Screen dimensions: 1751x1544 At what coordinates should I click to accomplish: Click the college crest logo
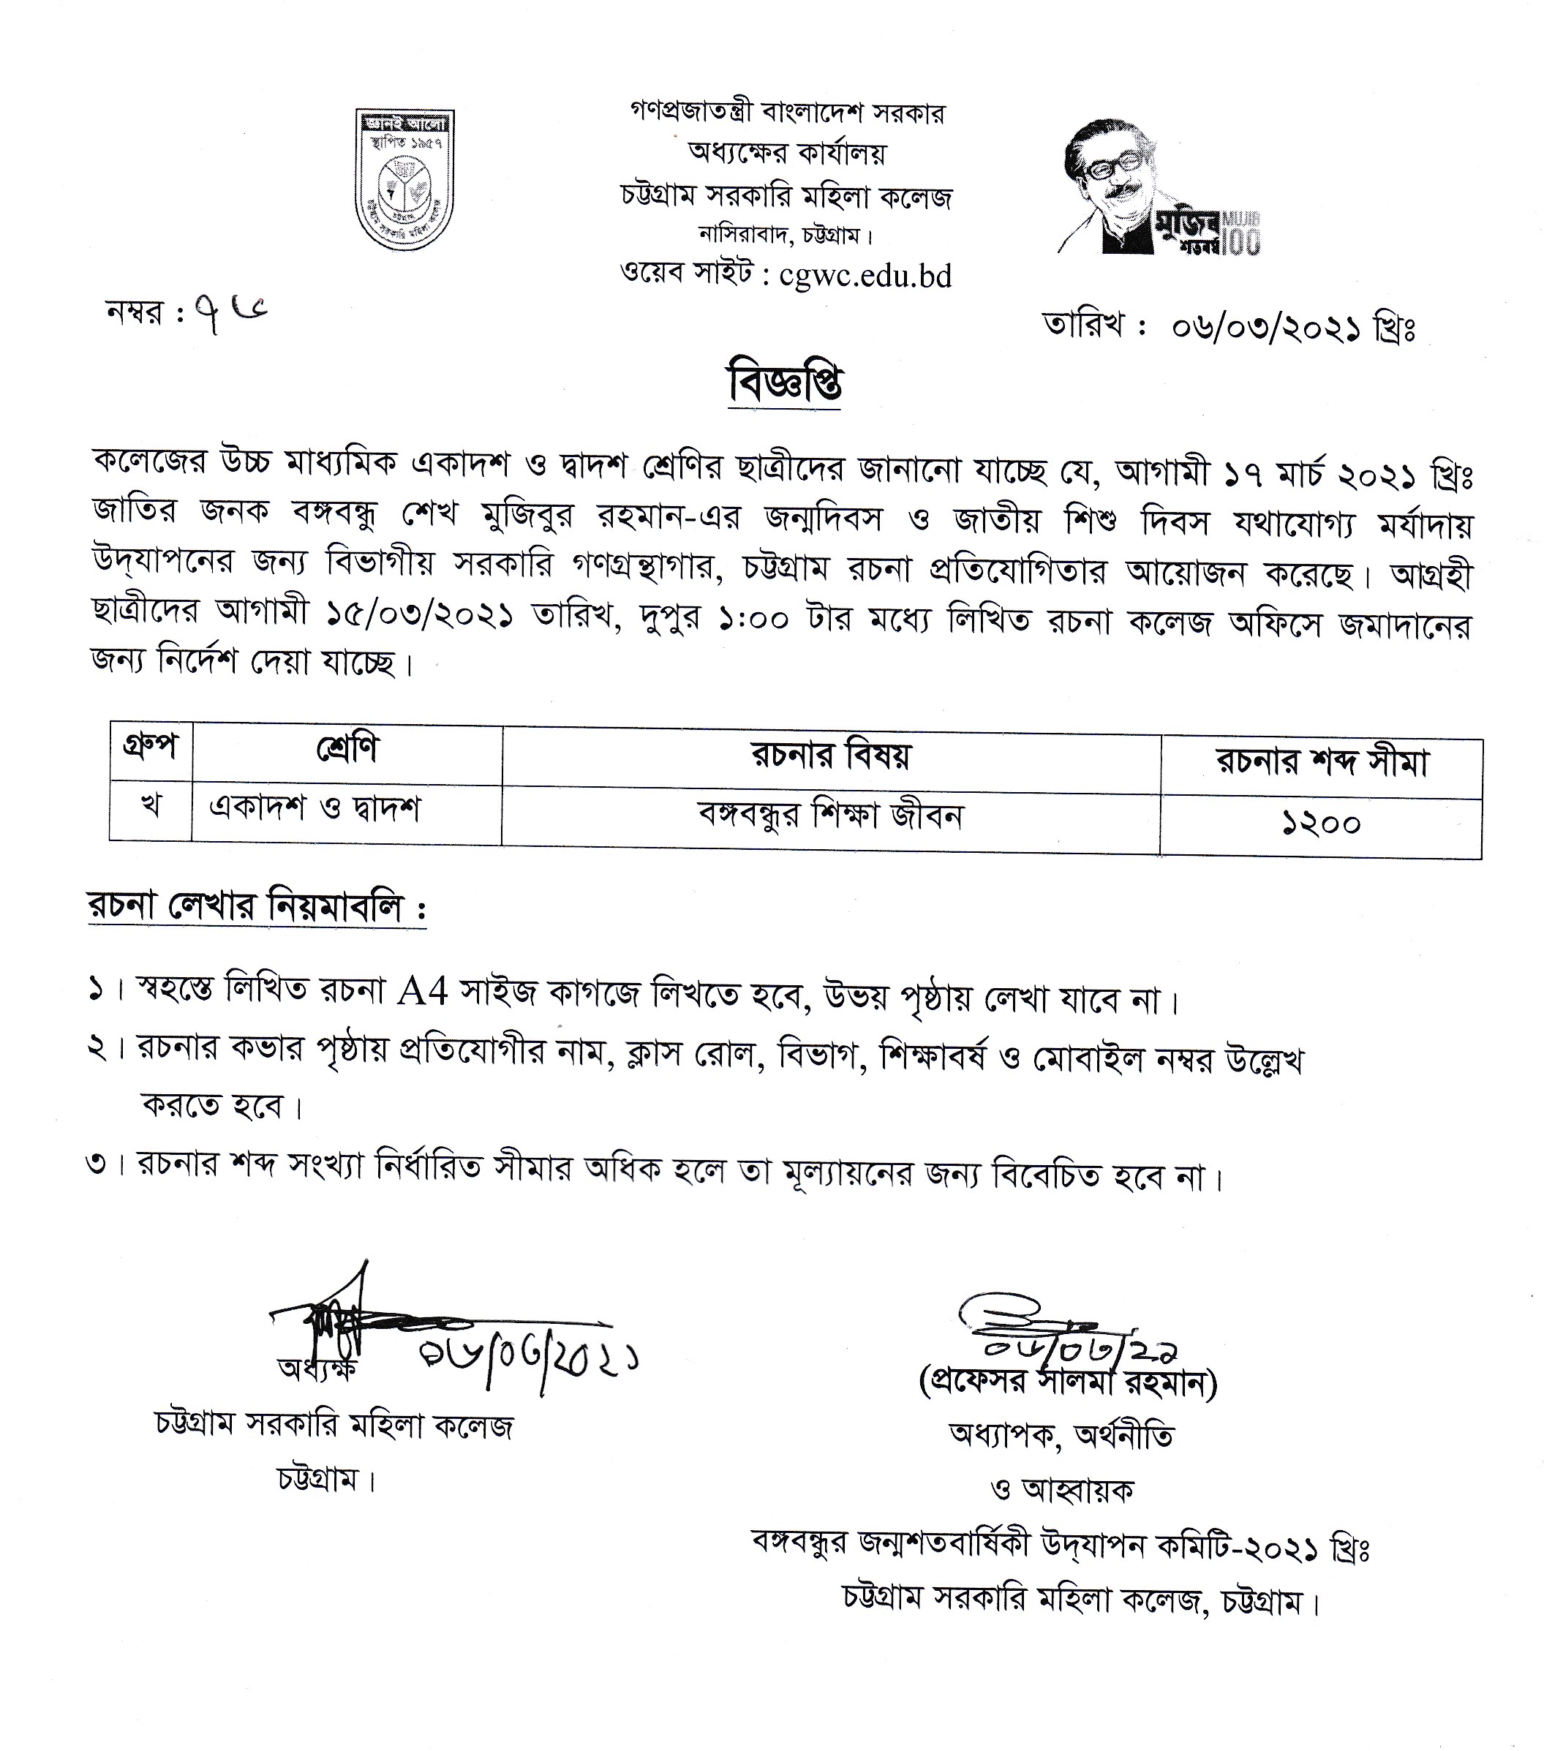click(404, 178)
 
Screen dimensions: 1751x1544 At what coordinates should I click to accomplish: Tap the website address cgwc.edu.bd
click(865, 276)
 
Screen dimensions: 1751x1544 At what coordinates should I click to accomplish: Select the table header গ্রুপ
click(151, 747)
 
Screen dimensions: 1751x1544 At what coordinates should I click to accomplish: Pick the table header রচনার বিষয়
click(831, 756)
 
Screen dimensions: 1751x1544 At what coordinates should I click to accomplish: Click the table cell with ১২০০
click(1321, 824)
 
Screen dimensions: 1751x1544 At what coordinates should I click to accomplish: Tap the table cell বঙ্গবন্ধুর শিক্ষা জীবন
click(831, 815)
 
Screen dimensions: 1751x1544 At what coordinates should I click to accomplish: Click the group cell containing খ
click(151, 807)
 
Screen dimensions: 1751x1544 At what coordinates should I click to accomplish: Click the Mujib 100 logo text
click(1208, 232)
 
